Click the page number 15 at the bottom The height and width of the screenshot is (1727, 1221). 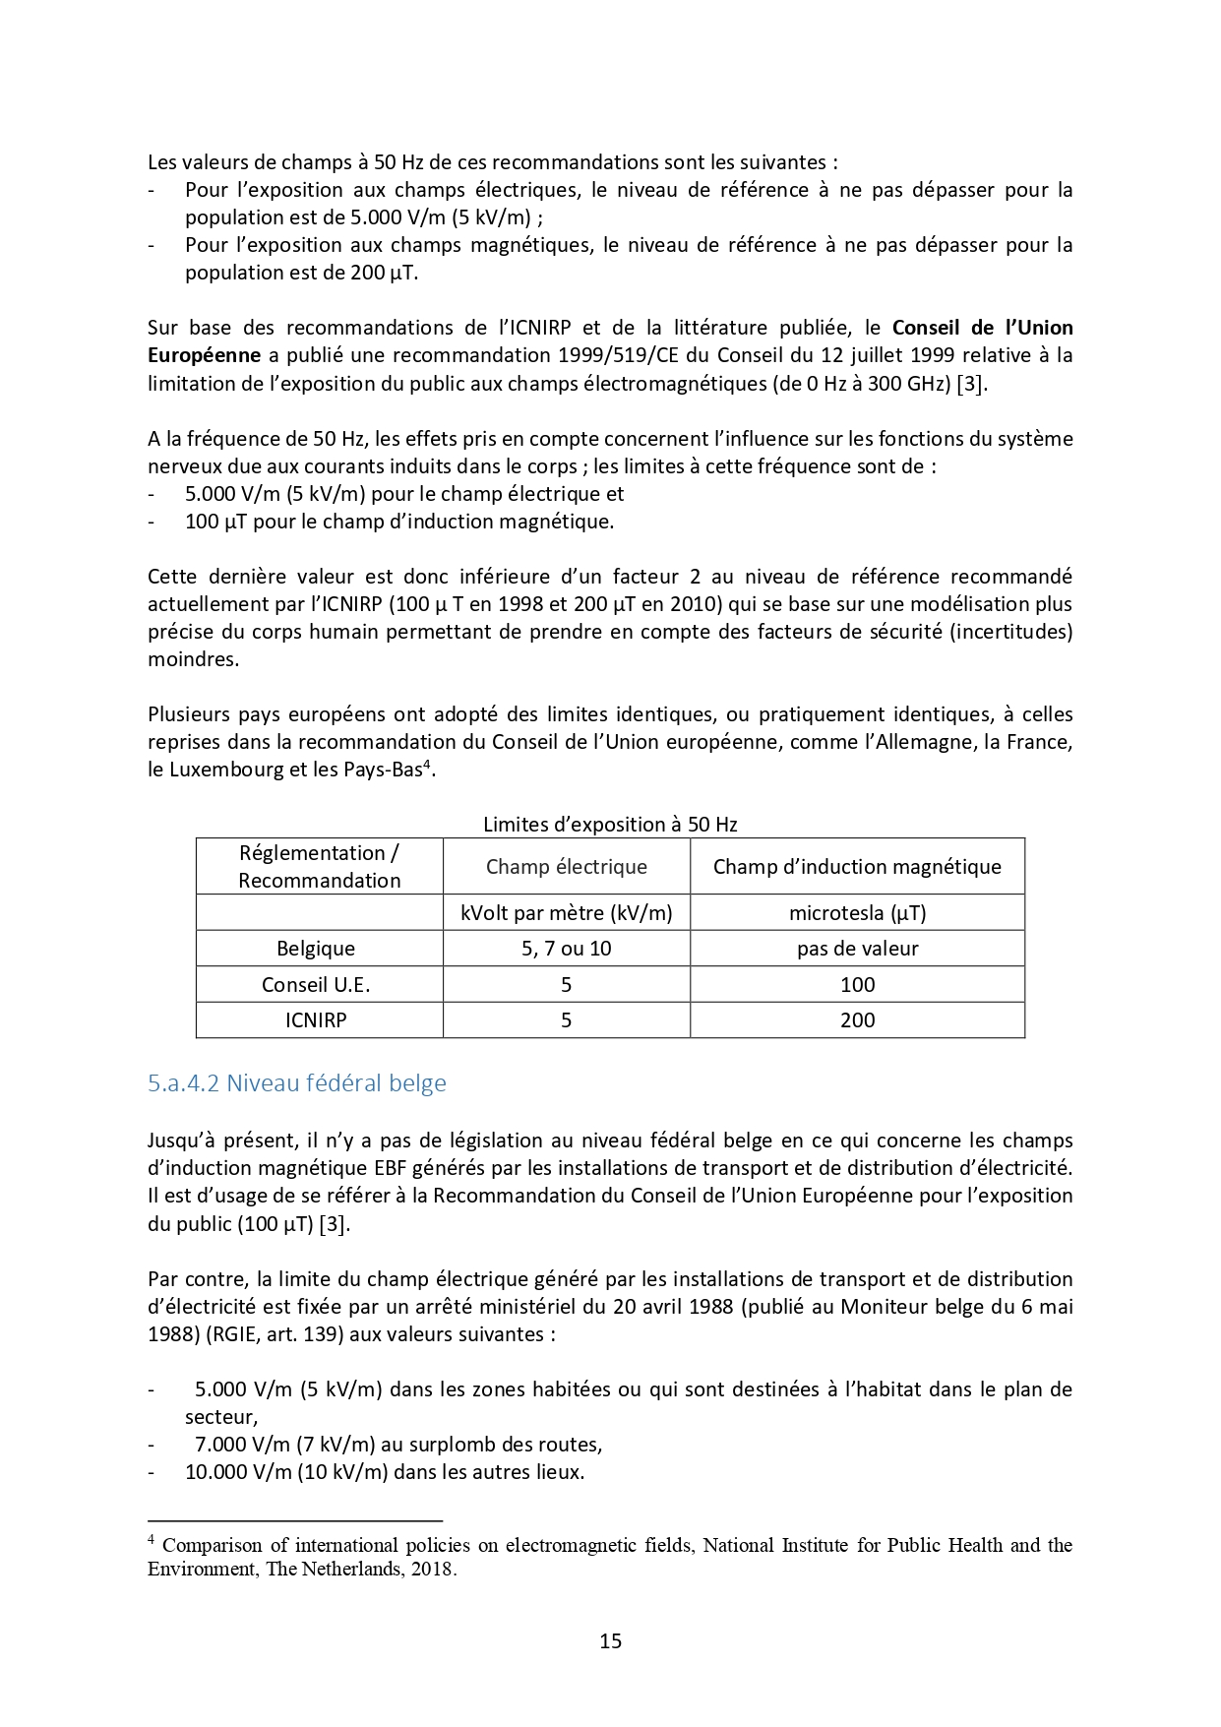610,1640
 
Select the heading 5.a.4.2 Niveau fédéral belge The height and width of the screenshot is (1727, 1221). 296,1083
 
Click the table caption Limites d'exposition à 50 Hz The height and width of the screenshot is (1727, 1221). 610,825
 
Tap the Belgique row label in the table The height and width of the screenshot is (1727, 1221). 316,949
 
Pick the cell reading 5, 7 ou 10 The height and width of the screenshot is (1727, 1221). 566,949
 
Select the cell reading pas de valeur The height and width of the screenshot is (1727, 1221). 857,949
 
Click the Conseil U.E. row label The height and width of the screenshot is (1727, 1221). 316,985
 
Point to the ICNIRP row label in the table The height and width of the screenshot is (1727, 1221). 316,1020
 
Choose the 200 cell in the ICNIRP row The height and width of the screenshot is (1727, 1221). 857,1020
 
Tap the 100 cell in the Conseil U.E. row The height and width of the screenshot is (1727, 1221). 857,985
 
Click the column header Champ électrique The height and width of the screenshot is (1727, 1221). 566,867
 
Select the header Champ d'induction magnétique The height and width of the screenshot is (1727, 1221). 857,867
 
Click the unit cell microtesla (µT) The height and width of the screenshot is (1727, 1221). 857,913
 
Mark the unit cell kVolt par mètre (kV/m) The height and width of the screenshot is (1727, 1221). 566,913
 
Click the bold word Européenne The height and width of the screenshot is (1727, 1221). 205,355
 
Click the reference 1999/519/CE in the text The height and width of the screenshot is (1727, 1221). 618,355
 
